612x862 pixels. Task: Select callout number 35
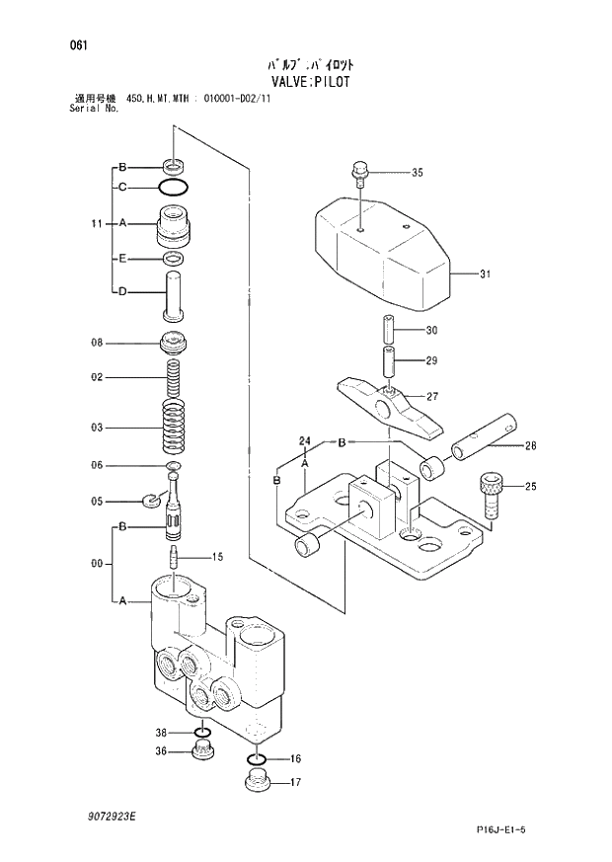(417, 173)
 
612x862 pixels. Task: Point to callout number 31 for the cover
(485, 274)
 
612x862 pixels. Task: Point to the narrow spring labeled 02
(175, 376)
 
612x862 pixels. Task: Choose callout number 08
(97, 344)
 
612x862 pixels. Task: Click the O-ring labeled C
(174, 187)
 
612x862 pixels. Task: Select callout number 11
(96, 224)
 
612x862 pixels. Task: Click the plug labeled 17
(257, 786)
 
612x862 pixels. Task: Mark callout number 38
(161, 732)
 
